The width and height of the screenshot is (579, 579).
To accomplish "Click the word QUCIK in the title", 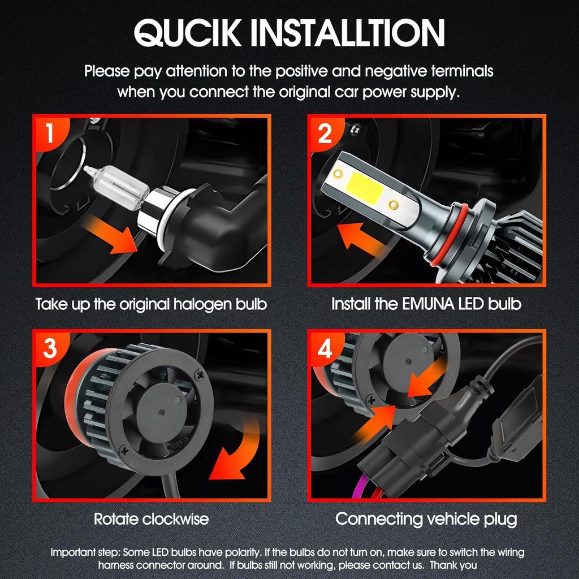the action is tap(188, 33).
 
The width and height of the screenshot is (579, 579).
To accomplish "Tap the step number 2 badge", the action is tap(325, 133).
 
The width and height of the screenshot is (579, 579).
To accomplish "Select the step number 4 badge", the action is tap(325, 348).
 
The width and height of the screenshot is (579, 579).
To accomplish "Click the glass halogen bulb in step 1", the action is tap(116, 187).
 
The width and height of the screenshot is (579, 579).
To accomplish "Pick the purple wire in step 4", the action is tap(357, 487).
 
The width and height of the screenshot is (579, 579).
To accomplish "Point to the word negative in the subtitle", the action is tap(396, 71).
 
